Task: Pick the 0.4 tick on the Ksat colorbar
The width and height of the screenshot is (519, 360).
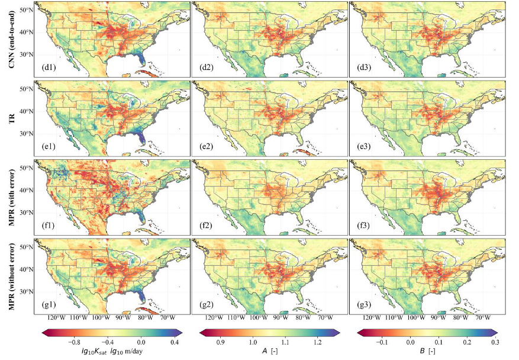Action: click(x=175, y=342)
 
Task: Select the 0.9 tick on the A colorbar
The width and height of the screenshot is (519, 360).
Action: click(x=223, y=342)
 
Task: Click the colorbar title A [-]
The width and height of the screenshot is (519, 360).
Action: click(x=269, y=352)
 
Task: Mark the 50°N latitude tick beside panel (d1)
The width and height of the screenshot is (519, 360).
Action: click(x=26, y=11)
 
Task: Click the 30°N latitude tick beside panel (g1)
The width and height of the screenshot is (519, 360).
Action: click(x=26, y=291)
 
